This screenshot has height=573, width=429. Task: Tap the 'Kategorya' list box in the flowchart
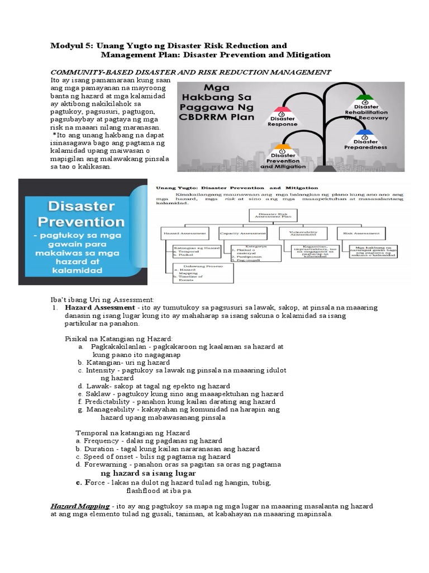pyautogui.click(x=251, y=252)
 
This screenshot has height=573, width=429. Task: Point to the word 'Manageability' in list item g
pyautogui.click(x=110, y=410)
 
